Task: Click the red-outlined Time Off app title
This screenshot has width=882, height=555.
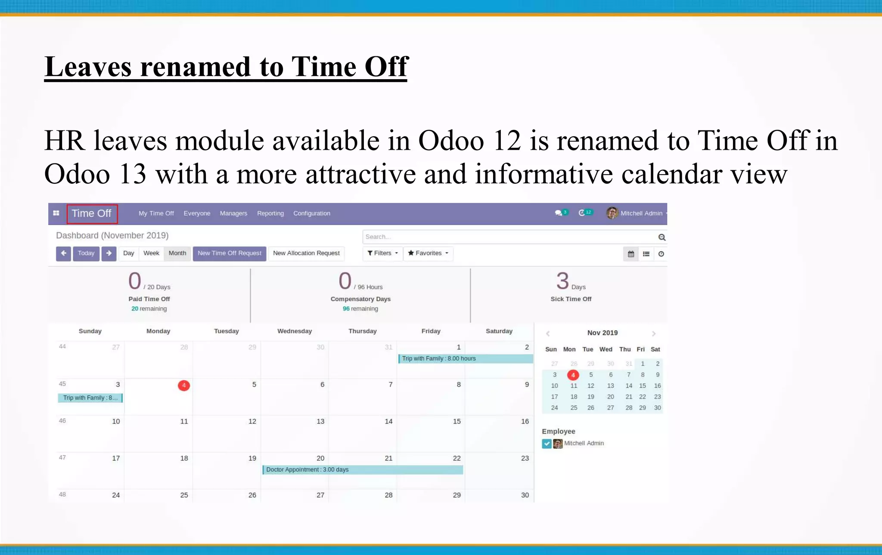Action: point(92,214)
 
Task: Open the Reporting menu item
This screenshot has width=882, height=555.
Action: point(270,213)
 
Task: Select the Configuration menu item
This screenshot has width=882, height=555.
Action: point(311,213)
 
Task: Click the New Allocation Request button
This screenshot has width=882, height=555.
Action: point(306,253)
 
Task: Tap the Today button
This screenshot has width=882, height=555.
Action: point(86,253)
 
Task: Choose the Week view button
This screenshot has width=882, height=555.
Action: point(151,253)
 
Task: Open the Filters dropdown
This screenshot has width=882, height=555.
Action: point(382,253)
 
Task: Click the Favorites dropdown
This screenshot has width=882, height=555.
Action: point(428,253)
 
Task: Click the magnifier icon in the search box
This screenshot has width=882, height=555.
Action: point(662,237)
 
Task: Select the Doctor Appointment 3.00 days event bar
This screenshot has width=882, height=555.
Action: point(363,470)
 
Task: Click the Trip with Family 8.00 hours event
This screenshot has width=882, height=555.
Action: point(465,359)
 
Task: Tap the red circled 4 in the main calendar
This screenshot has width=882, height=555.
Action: point(184,385)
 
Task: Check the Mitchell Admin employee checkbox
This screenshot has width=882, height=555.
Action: point(547,444)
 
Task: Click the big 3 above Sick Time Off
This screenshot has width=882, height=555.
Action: point(562,281)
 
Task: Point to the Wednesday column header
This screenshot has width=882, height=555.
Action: point(294,331)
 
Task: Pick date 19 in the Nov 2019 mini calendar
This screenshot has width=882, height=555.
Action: point(590,397)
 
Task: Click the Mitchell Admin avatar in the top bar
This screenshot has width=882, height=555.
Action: point(612,213)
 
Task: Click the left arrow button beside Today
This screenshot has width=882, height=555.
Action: point(63,253)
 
